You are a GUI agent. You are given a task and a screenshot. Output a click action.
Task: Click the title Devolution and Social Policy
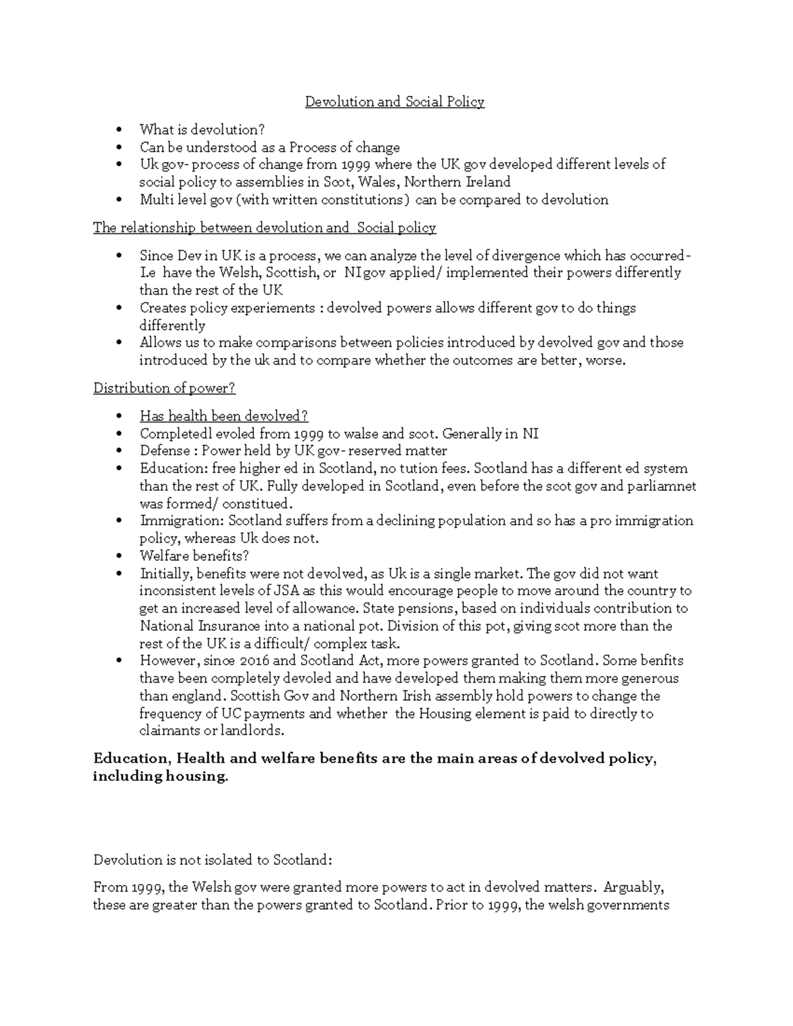click(x=395, y=102)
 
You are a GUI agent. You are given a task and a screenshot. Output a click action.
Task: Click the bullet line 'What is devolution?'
click(x=202, y=129)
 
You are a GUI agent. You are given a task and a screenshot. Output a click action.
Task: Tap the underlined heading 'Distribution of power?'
click(x=164, y=388)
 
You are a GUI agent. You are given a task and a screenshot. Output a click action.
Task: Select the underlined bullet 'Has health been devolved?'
click(x=224, y=416)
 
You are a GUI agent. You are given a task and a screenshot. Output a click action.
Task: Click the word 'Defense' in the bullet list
click(x=163, y=451)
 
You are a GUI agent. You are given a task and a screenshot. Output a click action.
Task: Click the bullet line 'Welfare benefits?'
click(x=194, y=556)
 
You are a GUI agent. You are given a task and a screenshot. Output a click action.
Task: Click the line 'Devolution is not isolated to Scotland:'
click(x=211, y=860)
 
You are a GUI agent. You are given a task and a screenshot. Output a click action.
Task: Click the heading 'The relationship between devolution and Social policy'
click(x=264, y=228)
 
